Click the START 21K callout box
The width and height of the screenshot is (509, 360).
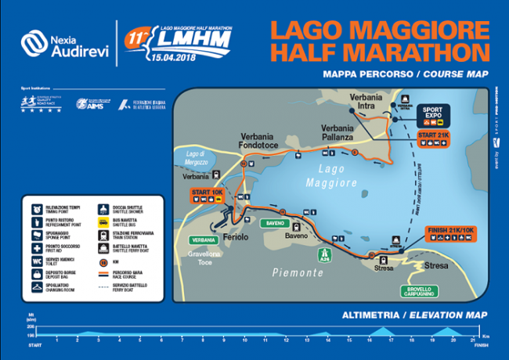coord(434,139)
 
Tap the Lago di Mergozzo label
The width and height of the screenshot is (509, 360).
coord(200,156)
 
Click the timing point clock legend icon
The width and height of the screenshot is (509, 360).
coord(38,207)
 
